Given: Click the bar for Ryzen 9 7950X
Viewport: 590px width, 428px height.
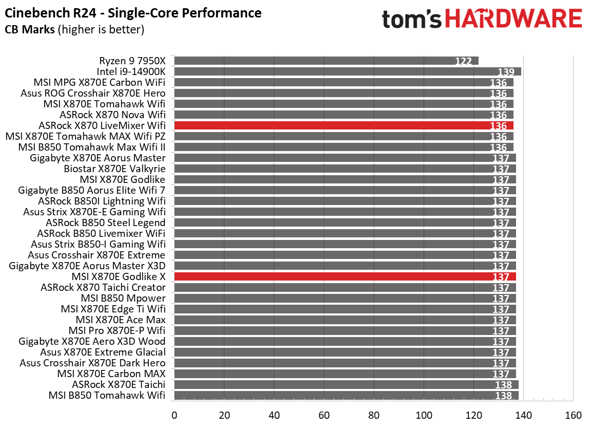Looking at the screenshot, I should pyautogui.click(x=326, y=61).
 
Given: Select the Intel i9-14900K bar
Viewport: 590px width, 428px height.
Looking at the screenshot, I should pyautogui.click(x=348, y=71).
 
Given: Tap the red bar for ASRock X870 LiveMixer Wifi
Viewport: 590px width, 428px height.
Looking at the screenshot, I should pyautogui.click(x=344, y=125).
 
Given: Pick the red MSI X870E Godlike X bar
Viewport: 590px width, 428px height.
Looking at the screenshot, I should pyautogui.click(x=345, y=276).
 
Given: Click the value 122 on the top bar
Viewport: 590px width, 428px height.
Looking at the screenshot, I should pyautogui.click(x=463, y=62).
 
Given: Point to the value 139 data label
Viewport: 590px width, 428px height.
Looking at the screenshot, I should pyautogui.click(x=506, y=72).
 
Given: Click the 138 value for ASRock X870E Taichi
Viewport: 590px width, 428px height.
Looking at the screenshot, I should pyautogui.click(x=504, y=385).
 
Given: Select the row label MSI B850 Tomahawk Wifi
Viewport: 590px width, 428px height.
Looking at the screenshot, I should pyautogui.click(x=107, y=395).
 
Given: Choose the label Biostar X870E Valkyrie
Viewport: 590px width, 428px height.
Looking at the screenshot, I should pyautogui.click(x=115, y=169).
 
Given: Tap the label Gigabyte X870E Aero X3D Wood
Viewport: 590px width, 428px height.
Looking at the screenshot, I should pyautogui.click(x=92, y=341).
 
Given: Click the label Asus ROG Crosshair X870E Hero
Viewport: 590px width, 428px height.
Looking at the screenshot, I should pyautogui.click(x=93, y=93).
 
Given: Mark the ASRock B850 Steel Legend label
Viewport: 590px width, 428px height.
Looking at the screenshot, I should pyautogui.click(x=105, y=222).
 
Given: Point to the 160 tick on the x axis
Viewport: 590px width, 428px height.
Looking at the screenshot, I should pyautogui.click(x=573, y=415).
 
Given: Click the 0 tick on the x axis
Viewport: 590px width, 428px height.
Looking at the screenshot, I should pyautogui.click(x=175, y=415).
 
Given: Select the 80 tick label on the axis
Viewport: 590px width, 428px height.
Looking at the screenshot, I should pyautogui.click(x=374, y=415).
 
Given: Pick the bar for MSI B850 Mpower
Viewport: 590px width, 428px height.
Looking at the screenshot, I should pyautogui.click(x=345, y=298).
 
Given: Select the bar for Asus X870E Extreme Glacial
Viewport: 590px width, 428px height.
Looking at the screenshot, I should pyautogui.click(x=345, y=352).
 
